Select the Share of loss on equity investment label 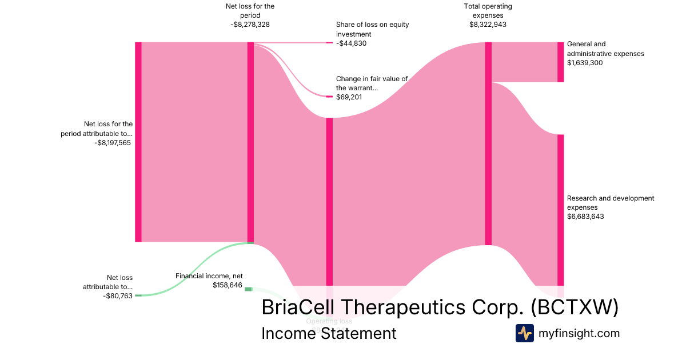coord(372,30)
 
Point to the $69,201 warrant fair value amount coord(349,98)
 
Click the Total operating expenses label coord(488,11)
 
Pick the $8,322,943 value coord(488,25)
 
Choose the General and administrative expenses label coord(605,49)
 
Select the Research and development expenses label coord(610,203)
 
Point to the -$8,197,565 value coord(113,143)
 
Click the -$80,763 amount coord(118,296)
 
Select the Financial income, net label coord(209,276)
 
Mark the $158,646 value coord(228,285)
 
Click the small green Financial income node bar coord(248,289)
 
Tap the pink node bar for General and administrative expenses coord(561,62)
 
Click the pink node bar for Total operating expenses coord(488,143)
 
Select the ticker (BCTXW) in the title coord(574,307)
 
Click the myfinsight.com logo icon coord(524,333)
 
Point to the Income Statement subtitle coord(329,333)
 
